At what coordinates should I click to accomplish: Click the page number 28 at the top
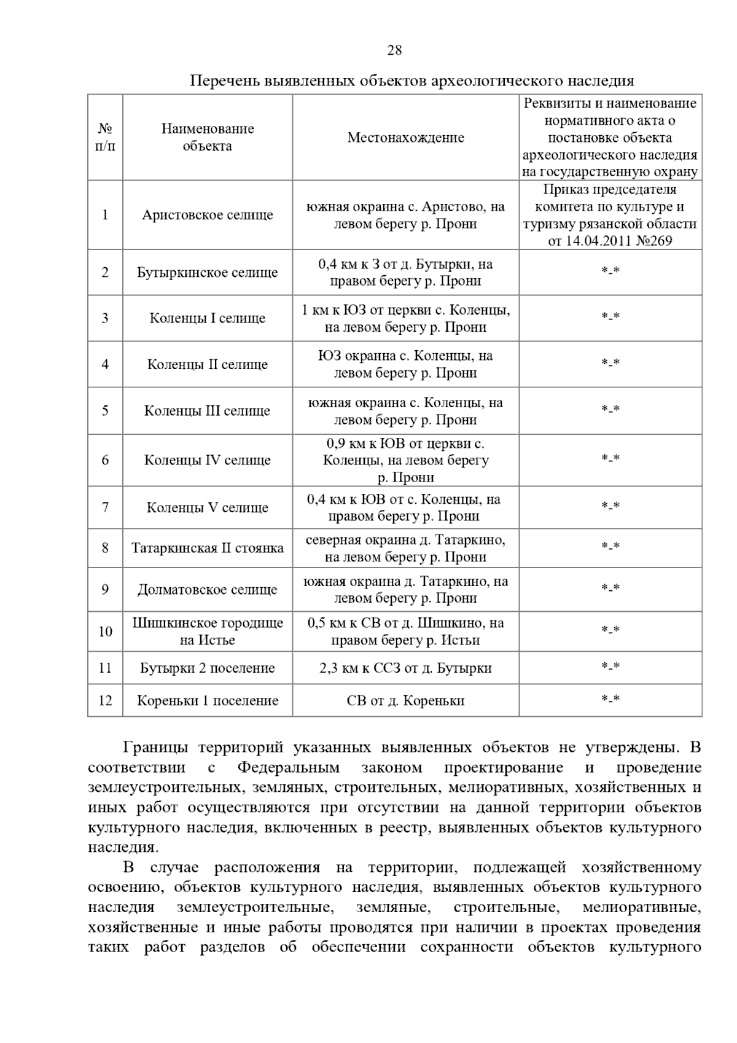click(394, 50)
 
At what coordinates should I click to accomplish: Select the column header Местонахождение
click(405, 138)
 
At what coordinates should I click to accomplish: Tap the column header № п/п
click(105, 138)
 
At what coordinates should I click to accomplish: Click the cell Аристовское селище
click(208, 215)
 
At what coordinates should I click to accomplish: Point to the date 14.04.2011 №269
click(610, 241)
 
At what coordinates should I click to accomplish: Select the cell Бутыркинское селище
click(208, 272)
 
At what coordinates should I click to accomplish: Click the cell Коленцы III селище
click(208, 411)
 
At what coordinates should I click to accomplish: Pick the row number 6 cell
click(105, 460)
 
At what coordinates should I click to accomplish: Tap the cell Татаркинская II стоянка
click(208, 548)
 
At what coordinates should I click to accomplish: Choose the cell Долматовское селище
click(208, 590)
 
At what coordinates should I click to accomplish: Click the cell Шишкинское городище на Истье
click(208, 631)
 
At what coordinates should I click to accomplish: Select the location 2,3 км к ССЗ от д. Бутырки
click(405, 668)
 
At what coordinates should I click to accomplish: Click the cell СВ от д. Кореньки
click(405, 701)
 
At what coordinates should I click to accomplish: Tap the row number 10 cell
click(105, 631)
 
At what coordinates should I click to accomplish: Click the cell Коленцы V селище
click(208, 508)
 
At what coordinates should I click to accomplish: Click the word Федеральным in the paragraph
click(288, 768)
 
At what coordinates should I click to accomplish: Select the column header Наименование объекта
click(208, 138)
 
